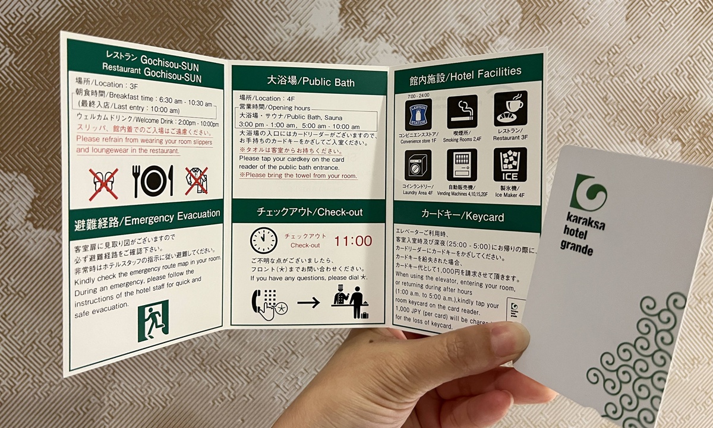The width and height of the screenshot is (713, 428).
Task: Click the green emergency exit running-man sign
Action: coord(153,321)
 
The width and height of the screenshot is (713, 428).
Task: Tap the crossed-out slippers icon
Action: coord(103,183)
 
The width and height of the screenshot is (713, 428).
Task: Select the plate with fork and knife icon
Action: coord(153,180)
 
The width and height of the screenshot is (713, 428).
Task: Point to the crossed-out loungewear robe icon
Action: coord(196,180)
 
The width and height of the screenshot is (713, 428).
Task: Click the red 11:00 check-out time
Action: coord(353,241)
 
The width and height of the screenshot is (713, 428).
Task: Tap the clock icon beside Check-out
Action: coord(264,240)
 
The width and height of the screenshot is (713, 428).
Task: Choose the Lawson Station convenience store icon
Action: coord(418,114)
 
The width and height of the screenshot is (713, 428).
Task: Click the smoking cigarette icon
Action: coord(462,112)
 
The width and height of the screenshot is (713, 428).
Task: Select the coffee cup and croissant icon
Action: coord(510,107)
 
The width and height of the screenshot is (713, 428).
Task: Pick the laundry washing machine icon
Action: coord(418,165)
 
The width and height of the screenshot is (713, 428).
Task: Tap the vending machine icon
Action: coord(462,164)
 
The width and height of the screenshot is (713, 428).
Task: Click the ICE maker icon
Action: coord(510,164)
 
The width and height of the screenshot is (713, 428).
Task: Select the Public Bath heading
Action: coord(310,81)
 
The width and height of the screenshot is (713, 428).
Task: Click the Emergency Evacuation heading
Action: coord(147,219)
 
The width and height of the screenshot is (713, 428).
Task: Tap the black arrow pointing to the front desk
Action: coord(308,303)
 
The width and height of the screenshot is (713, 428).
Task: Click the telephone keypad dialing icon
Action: coord(266,303)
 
